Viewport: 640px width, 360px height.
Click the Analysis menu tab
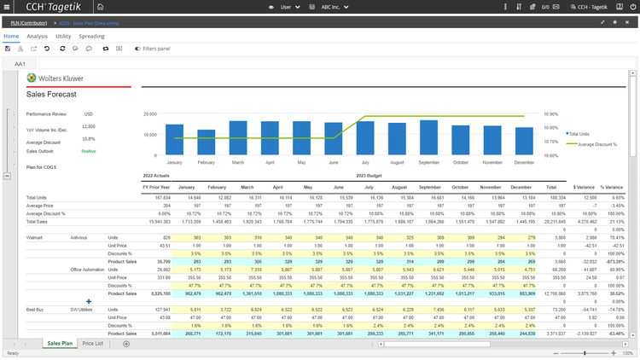pos(37,37)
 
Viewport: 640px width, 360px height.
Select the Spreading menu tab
pos(92,37)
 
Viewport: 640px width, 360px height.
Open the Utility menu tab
pos(63,37)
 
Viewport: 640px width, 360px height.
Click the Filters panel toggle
pos(153,49)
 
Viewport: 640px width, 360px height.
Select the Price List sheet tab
pos(92,343)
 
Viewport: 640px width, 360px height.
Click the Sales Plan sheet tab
pos(59,343)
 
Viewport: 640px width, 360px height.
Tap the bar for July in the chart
pos(365,136)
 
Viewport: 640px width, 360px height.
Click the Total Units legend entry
pos(579,134)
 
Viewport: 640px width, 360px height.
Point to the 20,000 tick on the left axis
pos(149,113)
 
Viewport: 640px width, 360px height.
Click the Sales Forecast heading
pos(51,94)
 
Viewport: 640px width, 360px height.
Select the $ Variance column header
pos(584,187)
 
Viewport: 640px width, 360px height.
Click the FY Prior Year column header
pos(157,187)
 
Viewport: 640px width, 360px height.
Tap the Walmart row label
pos(35,237)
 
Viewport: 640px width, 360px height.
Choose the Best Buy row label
pos(36,309)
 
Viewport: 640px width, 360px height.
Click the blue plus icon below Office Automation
pos(89,301)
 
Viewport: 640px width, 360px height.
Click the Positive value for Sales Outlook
pos(89,151)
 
